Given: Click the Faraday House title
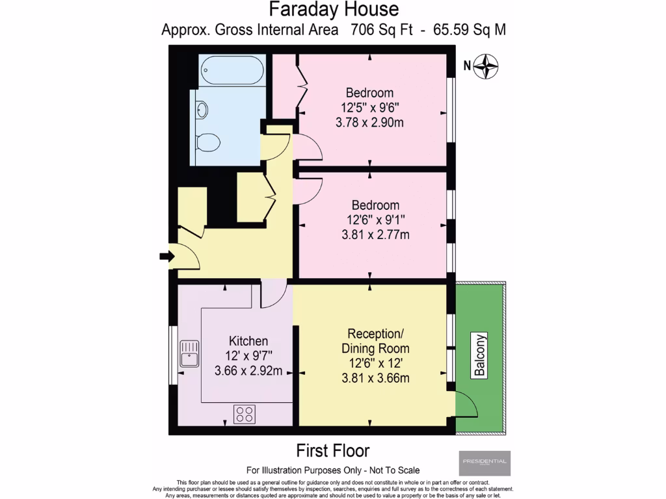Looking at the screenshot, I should pos(334,10).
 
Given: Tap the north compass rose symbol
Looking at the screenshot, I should pos(485,66).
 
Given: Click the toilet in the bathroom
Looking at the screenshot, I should pos(208,141).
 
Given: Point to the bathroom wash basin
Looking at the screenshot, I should pos(202,110).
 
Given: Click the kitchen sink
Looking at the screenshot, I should pos(189,353).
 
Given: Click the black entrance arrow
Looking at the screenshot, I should pos(165,257).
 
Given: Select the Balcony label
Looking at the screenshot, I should pos(480,355).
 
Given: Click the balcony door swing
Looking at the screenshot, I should pos(467,406).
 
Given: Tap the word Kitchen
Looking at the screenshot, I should pos(248,341).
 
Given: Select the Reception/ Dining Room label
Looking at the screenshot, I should pos(372,341).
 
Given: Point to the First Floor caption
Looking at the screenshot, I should pos(333,450).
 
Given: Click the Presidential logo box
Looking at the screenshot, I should pos(485,463).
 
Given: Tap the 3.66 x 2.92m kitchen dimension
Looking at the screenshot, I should pos(248,372).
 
